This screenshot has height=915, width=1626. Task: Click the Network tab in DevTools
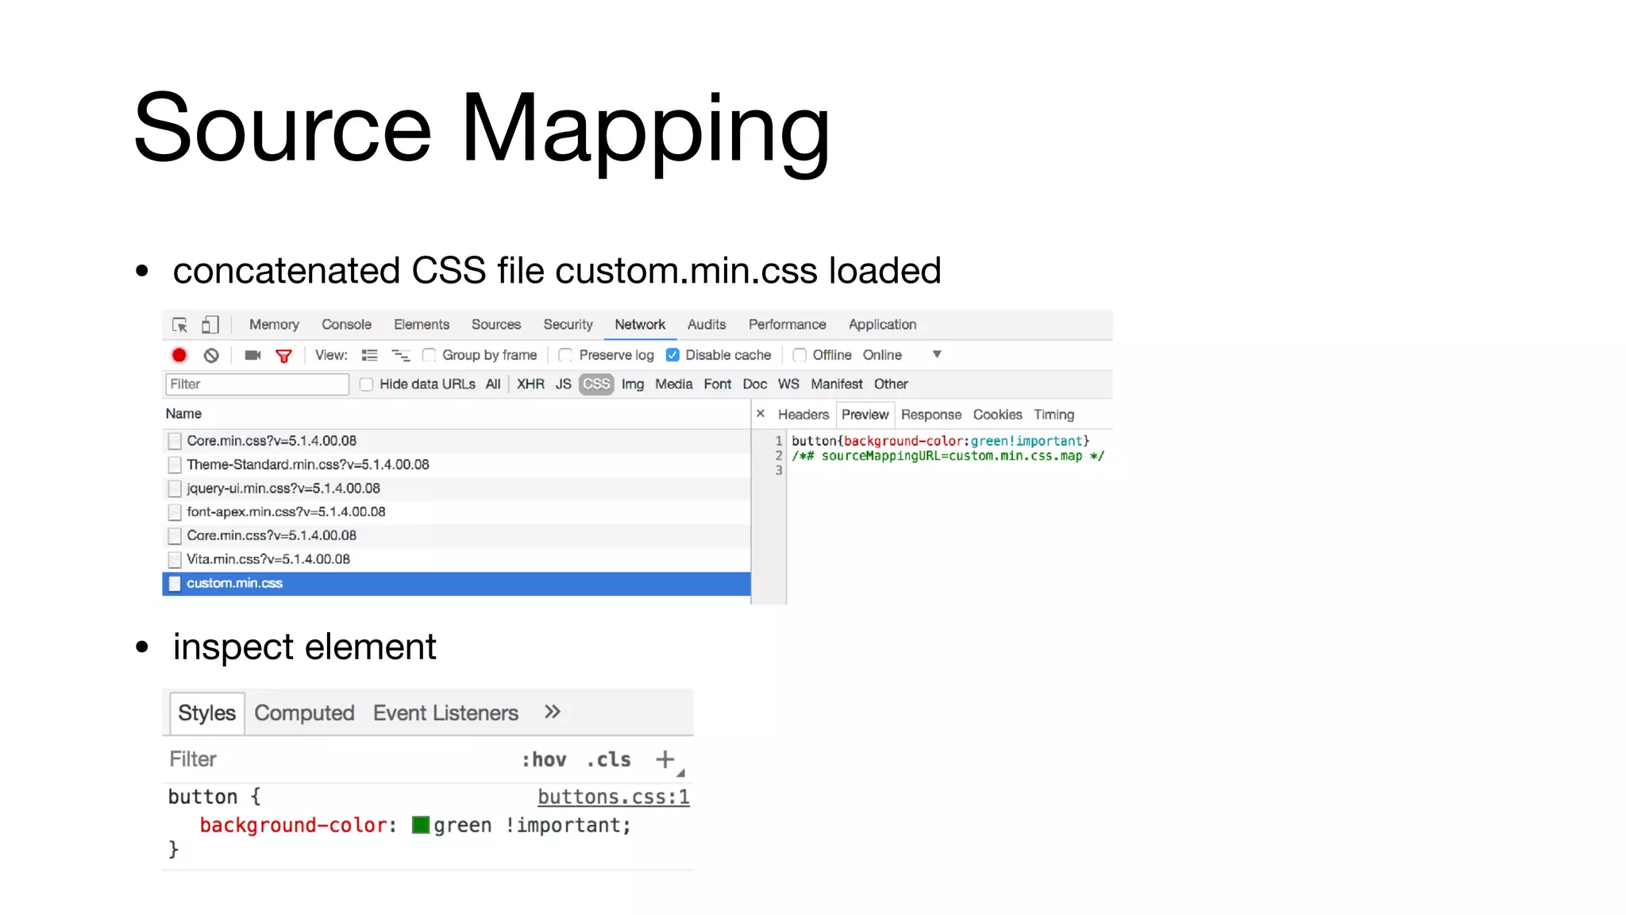pyautogui.click(x=640, y=325)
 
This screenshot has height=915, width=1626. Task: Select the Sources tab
pyautogui.click(x=496, y=325)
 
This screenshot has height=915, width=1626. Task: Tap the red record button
pyautogui.click(x=179, y=356)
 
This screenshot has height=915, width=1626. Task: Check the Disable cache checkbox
pyautogui.click(x=673, y=355)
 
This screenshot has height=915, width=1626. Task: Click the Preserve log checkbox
pyautogui.click(x=565, y=355)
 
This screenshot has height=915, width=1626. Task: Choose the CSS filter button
pyautogui.click(x=596, y=384)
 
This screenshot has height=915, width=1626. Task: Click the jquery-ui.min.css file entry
pyautogui.click(x=283, y=488)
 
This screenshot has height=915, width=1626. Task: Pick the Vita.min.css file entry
pyautogui.click(x=268, y=559)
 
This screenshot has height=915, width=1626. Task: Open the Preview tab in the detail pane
pyautogui.click(x=865, y=415)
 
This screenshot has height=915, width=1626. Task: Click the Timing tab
pyautogui.click(x=1054, y=415)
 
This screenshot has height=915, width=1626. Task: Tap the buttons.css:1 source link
pyautogui.click(x=613, y=797)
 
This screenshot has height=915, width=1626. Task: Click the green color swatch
pyautogui.click(x=421, y=825)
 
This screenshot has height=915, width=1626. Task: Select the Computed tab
pyautogui.click(x=304, y=713)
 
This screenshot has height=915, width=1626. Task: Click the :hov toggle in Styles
pyautogui.click(x=544, y=760)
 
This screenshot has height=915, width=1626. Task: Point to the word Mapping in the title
pyautogui.click(x=645, y=131)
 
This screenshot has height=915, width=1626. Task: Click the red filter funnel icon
pyautogui.click(x=283, y=356)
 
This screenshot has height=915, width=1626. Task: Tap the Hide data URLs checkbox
pyautogui.click(x=366, y=384)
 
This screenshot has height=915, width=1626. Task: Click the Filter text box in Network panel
pyautogui.click(x=257, y=384)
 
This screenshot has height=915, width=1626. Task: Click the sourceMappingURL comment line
pyautogui.click(x=948, y=456)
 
